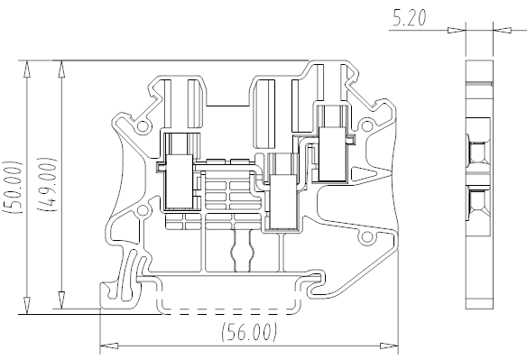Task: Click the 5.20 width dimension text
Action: tap(410, 17)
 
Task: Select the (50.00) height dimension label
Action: tap(13, 188)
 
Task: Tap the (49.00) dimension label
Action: tap(48, 184)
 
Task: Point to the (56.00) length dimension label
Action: tap(250, 332)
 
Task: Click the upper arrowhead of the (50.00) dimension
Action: tap(27, 69)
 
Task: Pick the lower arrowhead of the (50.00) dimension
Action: tap(27, 306)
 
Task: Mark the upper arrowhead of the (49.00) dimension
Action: tap(61, 69)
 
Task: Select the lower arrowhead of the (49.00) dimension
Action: tap(61, 300)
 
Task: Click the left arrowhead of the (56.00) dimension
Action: tap(109, 346)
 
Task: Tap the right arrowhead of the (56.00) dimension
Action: tap(389, 346)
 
